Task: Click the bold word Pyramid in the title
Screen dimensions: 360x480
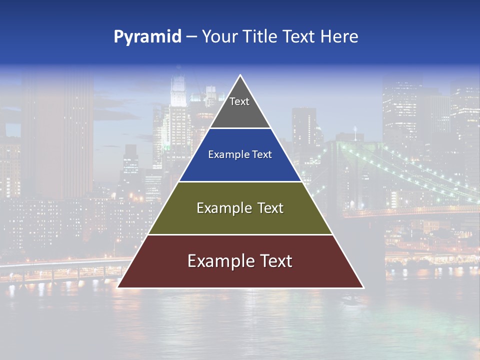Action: tap(147, 36)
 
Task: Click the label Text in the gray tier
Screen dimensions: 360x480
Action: tap(239, 101)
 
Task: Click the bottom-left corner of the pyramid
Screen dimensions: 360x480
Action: tap(118, 287)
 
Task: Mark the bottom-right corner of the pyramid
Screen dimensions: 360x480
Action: tap(363, 287)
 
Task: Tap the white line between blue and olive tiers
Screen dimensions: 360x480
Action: tap(240, 181)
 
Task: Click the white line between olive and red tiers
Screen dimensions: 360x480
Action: tap(240, 234)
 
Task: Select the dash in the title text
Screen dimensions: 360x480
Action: tap(191, 37)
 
